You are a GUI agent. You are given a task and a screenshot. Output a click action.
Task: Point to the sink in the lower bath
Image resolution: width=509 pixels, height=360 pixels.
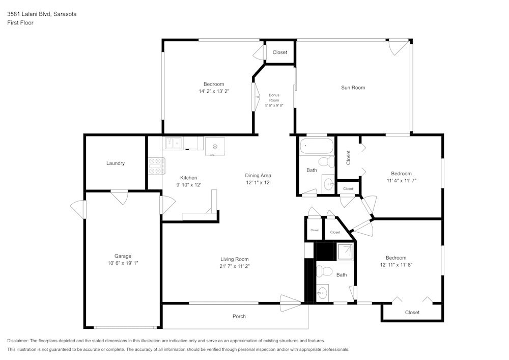322,293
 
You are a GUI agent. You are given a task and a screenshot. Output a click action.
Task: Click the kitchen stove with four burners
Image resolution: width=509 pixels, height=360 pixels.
155,166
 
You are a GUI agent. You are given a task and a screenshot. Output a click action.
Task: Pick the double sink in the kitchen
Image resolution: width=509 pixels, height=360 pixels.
173,144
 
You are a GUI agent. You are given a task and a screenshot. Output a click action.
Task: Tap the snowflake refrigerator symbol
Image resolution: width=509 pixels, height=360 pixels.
215,147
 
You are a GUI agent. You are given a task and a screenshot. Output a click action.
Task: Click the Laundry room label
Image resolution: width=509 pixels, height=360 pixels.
116,163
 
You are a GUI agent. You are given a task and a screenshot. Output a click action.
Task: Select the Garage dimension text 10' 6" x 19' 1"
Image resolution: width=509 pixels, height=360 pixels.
123,263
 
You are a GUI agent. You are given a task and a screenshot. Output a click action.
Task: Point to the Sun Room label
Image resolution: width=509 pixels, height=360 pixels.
353,88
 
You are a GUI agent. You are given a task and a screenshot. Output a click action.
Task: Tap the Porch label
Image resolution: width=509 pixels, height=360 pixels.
239,316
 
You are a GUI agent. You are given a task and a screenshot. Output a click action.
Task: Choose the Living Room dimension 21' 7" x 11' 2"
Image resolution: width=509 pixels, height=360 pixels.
234,266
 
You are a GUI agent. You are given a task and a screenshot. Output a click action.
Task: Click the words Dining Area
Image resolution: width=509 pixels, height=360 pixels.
258,176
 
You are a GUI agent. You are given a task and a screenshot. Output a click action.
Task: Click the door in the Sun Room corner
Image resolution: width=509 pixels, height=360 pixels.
399,47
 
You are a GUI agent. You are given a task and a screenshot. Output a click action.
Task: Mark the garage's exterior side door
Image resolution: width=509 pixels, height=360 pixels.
78,209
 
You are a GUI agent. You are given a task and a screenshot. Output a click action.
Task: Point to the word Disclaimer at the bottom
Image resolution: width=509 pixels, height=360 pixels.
18,341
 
